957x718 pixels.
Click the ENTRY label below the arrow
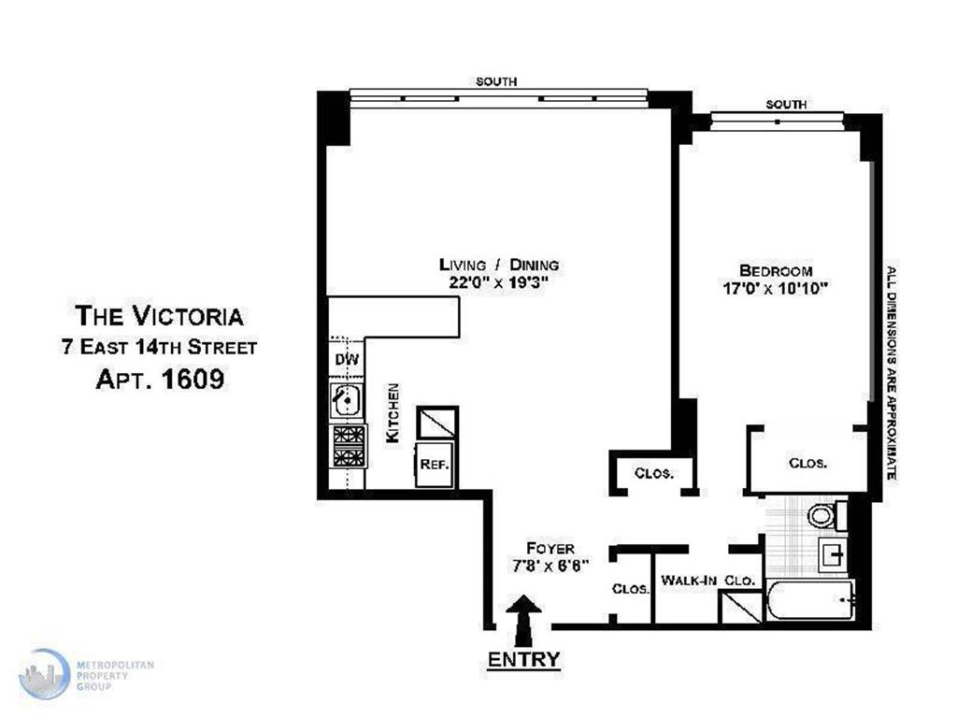pos(523,659)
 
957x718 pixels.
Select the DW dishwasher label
pos(348,359)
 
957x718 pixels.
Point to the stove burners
pos(349,446)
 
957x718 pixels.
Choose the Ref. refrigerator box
pos(435,464)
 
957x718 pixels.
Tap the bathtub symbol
pos(809,600)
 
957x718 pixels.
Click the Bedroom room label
pos(775,270)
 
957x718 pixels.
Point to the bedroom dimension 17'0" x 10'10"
pos(775,288)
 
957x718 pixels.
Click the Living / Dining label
pos(499,265)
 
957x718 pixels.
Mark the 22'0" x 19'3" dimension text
pos(498,282)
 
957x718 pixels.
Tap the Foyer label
pos(550,548)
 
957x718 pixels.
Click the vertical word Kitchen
pos(393,412)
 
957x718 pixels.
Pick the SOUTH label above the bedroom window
pos(786,105)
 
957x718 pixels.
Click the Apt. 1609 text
pos(160,380)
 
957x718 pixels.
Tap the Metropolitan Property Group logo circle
pos(44,674)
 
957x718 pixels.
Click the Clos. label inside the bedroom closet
pos(807,464)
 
